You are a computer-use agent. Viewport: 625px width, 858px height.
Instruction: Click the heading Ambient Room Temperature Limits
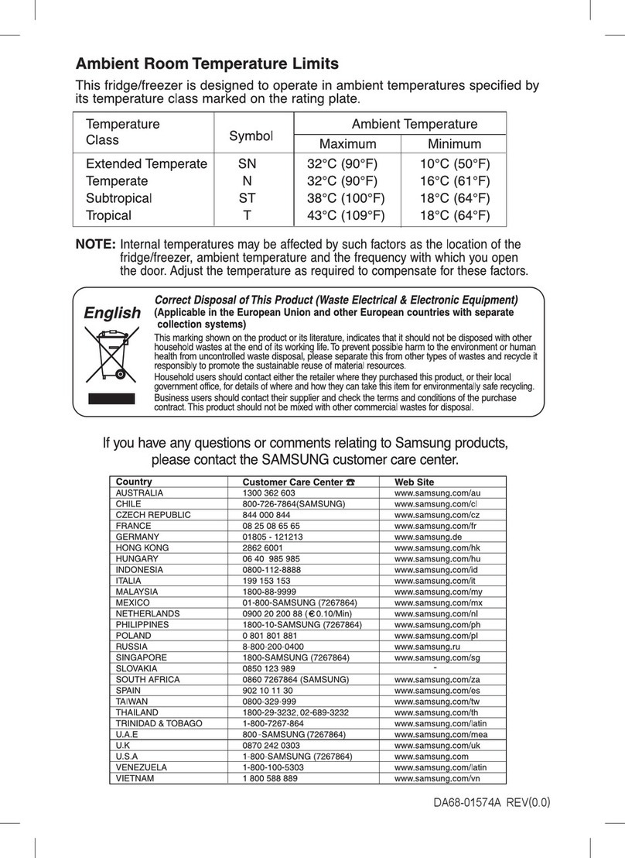pyautogui.click(x=207, y=64)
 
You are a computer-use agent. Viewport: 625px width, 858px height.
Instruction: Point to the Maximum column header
pyautogui.click(x=347, y=144)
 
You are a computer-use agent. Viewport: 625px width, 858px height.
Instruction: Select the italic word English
pyautogui.click(x=112, y=313)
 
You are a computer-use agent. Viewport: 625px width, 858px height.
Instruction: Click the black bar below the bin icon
pyautogui.click(x=109, y=399)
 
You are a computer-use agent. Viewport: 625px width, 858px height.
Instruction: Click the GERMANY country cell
pyautogui.click(x=137, y=536)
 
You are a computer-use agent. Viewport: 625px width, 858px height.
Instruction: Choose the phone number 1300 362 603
pyautogui.click(x=268, y=492)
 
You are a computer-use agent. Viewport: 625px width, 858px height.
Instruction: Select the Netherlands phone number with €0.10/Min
pyautogui.click(x=297, y=613)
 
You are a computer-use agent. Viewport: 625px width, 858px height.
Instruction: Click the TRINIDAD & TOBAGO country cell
pyautogui.click(x=159, y=722)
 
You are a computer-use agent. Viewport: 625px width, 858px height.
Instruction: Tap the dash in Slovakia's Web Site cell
pyautogui.click(x=436, y=667)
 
